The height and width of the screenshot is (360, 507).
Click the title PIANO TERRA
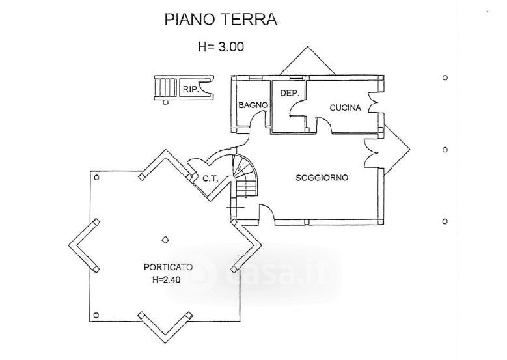[x=220, y=20]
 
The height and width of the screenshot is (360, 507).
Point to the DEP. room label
[x=289, y=93]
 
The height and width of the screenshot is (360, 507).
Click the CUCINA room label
[x=345, y=108]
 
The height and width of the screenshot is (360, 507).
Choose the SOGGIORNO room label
[x=322, y=178]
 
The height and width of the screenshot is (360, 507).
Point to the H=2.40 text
[x=167, y=280]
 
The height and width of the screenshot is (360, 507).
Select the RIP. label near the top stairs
[x=190, y=90]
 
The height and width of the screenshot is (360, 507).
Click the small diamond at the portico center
[x=165, y=239]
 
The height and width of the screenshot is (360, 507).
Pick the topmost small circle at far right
[x=445, y=77]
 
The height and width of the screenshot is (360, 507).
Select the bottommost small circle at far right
[x=445, y=221]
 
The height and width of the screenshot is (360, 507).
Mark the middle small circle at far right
[x=445, y=150]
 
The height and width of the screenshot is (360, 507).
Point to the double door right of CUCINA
[x=374, y=103]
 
